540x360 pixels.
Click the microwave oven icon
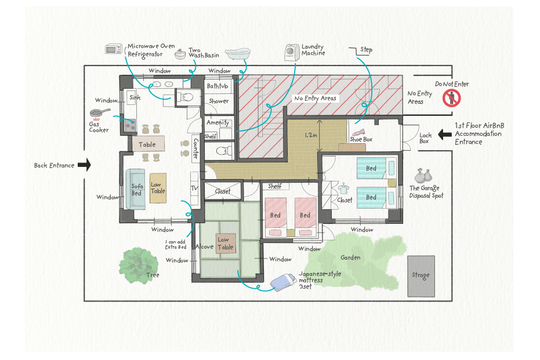click(114, 49)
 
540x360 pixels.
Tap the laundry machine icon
click(292, 53)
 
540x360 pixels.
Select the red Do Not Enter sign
click(451, 98)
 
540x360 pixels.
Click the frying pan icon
click(100, 112)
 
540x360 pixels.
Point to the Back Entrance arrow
click(84, 165)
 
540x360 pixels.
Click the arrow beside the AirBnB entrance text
click(445, 134)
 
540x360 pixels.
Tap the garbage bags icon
click(423, 176)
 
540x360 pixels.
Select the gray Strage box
click(421, 276)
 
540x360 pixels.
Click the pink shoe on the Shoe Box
click(358, 133)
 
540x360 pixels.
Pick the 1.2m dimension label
click(311, 135)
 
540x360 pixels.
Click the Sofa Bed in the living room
click(135, 190)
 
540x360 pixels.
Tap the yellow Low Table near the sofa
click(158, 188)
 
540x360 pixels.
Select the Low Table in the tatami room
click(226, 243)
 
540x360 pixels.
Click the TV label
click(194, 188)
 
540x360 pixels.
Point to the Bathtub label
click(218, 86)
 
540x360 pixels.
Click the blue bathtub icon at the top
click(238, 54)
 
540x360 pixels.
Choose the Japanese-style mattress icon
click(283, 282)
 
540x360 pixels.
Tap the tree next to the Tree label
click(139, 266)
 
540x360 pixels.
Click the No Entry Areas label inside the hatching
click(315, 99)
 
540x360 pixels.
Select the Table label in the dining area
click(147, 144)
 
